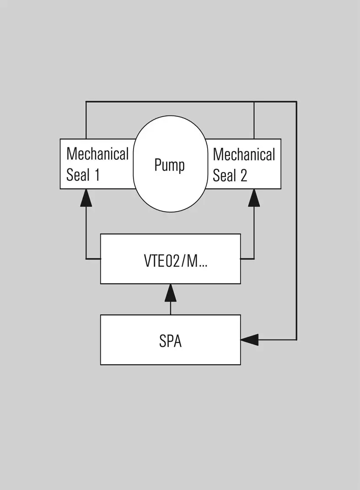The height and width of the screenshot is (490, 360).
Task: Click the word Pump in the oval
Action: (169, 165)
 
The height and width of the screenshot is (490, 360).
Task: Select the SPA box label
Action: (170, 341)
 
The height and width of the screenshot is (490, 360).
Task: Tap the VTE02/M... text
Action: (176, 261)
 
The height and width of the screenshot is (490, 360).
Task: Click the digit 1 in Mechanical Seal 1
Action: (97, 175)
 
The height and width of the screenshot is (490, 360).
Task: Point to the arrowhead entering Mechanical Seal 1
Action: (86, 198)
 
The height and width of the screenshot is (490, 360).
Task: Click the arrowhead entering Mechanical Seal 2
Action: (254, 198)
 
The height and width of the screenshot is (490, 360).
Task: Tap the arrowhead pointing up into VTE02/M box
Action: (170, 293)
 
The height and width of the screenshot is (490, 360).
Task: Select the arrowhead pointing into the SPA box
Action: (250, 339)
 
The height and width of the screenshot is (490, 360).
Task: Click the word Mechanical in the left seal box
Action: (97, 154)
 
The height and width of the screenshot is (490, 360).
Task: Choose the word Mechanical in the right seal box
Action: (244, 155)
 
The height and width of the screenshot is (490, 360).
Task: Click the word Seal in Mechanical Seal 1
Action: (78, 175)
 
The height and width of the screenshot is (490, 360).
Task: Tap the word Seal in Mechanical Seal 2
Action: (225, 175)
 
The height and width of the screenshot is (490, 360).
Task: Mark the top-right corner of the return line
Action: (296, 102)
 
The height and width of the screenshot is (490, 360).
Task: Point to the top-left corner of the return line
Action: (86, 102)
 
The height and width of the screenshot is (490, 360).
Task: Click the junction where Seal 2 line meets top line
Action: (254, 102)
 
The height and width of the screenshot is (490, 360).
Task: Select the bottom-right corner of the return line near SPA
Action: (296, 339)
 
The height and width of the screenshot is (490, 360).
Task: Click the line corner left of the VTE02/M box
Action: (86, 259)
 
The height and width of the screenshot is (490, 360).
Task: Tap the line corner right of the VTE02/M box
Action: (254, 259)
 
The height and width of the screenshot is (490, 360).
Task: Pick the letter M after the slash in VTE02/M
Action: (192, 261)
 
